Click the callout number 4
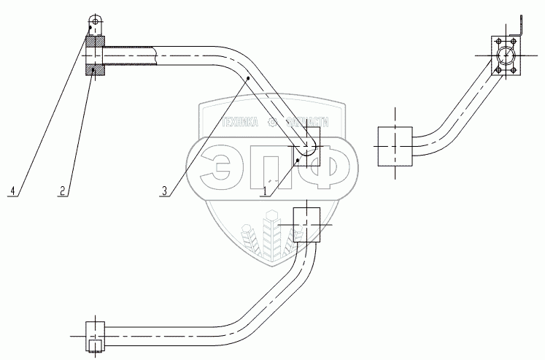pos(12,191)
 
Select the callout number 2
pos(64,191)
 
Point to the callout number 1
pos(266,191)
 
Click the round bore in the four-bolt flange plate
pos(506,56)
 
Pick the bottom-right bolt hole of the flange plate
pos(515,70)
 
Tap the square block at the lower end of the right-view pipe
pos(395,145)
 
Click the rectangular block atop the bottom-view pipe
pos(306,223)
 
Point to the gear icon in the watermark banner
pos(273,124)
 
